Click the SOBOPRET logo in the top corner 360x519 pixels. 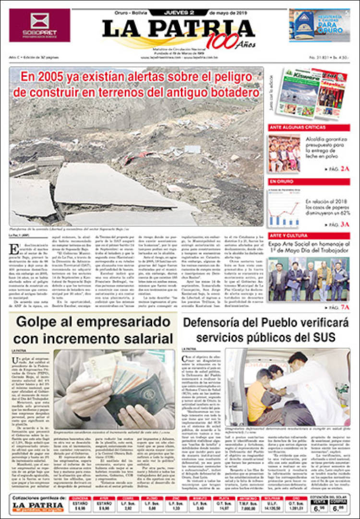(x=39, y=25)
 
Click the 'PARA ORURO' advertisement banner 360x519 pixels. (x=319, y=25)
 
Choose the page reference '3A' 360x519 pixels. (x=345, y=224)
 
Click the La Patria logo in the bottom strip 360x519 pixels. (x=37, y=506)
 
